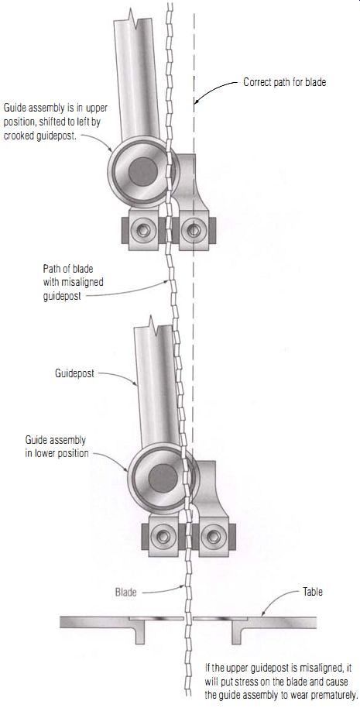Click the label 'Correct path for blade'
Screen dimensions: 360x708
(284, 83)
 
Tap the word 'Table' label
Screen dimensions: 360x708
(312, 591)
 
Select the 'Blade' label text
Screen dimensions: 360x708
(126, 593)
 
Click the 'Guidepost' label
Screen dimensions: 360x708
(74, 373)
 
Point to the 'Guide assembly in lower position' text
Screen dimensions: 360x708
(57, 446)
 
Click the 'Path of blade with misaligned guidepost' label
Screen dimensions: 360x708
(73, 283)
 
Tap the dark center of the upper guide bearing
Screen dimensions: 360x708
(143, 171)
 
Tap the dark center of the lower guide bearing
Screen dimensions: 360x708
(163, 478)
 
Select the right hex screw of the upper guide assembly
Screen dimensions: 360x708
(194, 230)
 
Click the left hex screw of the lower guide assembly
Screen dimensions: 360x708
(163, 536)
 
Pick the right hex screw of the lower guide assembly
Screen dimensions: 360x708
(214, 536)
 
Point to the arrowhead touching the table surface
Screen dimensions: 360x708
(263, 613)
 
